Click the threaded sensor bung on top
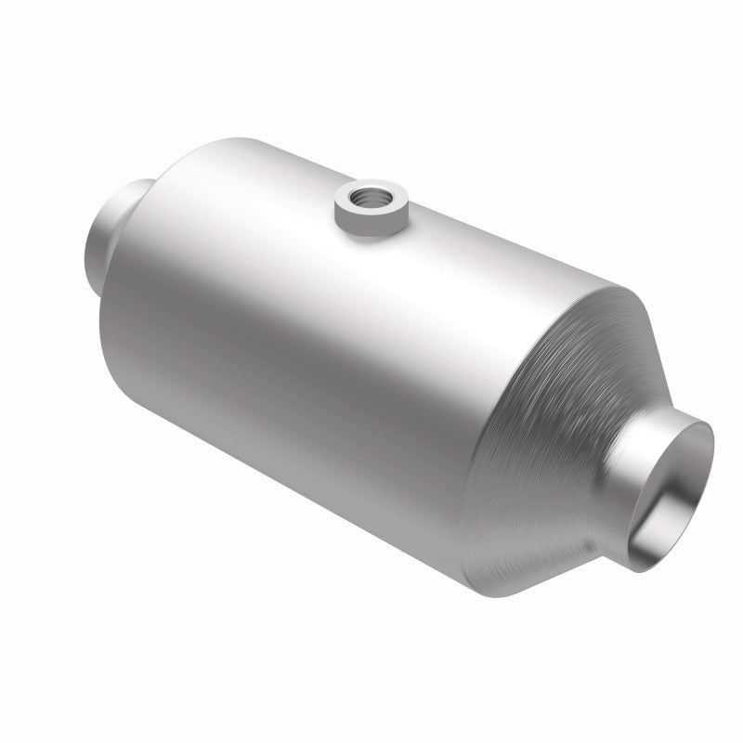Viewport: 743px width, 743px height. pyautogui.click(x=372, y=209)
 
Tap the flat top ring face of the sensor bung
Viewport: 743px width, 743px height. pyautogui.click(x=357, y=196)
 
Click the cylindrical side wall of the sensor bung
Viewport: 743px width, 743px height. pyautogui.click(x=372, y=220)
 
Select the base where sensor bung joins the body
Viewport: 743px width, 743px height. pyautogui.click(x=372, y=232)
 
